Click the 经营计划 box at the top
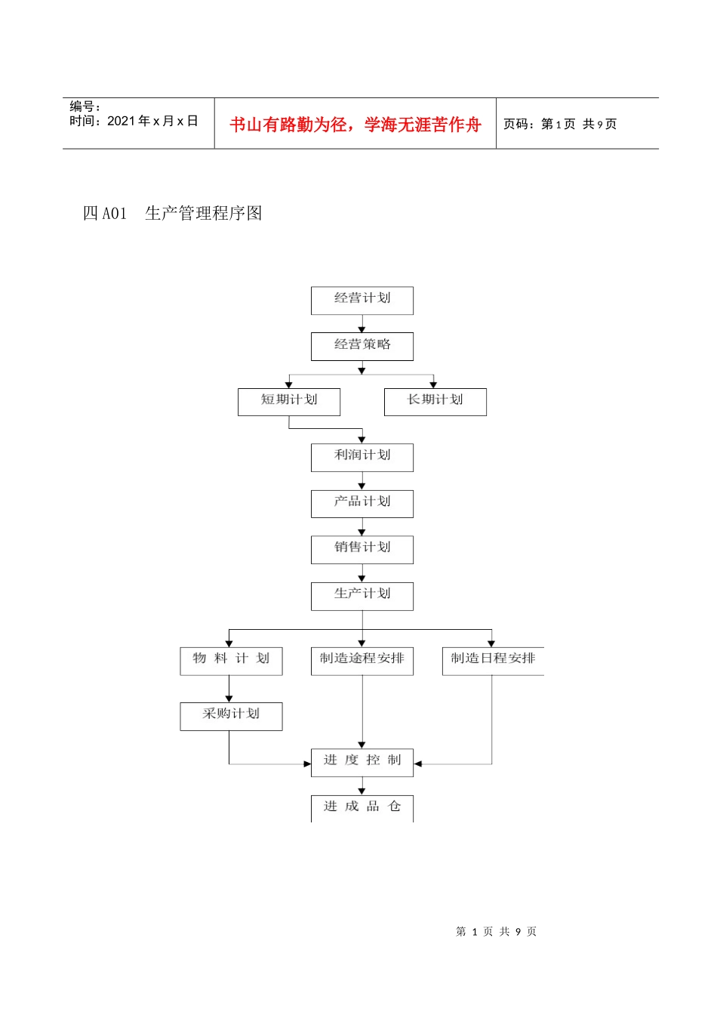(362, 300)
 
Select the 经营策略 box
(362, 346)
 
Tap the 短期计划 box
(288, 401)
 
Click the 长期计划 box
(435, 401)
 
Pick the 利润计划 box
(362, 457)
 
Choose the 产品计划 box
(362, 503)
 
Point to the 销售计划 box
(362, 549)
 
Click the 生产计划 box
(362, 595)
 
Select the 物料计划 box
(231, 660)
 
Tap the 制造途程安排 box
(362, 660)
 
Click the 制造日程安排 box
(492, 660)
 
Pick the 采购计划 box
(231, 715)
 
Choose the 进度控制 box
(362, 762)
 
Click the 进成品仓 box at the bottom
(362, 807)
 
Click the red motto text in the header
(355, 125)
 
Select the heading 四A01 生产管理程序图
(172, 214)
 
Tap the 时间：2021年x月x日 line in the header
(134, 122)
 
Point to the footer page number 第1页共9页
(496, 932)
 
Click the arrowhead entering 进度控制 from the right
(418, 764)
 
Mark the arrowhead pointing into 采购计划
(229, 699)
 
